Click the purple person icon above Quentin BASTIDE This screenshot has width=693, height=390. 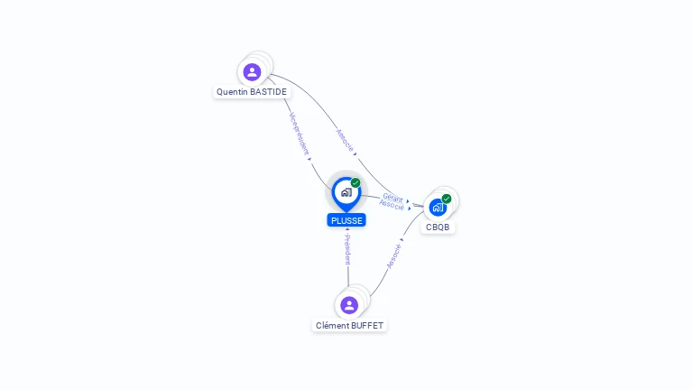tap(252, 71)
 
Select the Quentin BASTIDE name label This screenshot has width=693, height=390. tap(252, 92)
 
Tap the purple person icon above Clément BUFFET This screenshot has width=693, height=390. tap(349, 305)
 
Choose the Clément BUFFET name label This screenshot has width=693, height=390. tap(349, 325)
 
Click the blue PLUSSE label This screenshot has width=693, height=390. tap(346, 220)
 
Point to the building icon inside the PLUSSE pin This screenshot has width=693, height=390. tap(346, 192)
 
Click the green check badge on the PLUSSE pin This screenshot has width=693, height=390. tap(356, 183)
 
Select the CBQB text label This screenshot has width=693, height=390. tap(438, 227)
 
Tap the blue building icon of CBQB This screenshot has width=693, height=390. tap(438, 208)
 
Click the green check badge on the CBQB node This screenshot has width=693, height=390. tap(447, 199)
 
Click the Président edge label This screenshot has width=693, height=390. tap(347, 250)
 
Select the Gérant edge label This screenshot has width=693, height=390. tap(393, 197)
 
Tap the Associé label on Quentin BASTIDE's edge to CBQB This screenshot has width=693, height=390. tap(345, 139)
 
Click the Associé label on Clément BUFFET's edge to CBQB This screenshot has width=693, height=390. tap(393, 256)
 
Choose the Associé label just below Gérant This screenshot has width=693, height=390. tap(392, 206)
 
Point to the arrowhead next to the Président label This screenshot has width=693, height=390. tap(347, 232)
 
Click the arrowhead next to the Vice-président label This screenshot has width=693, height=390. tap(310, 158)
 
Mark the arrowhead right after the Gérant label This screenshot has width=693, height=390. tap(408, 201)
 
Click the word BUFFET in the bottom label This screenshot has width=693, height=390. tap(366, 325)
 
